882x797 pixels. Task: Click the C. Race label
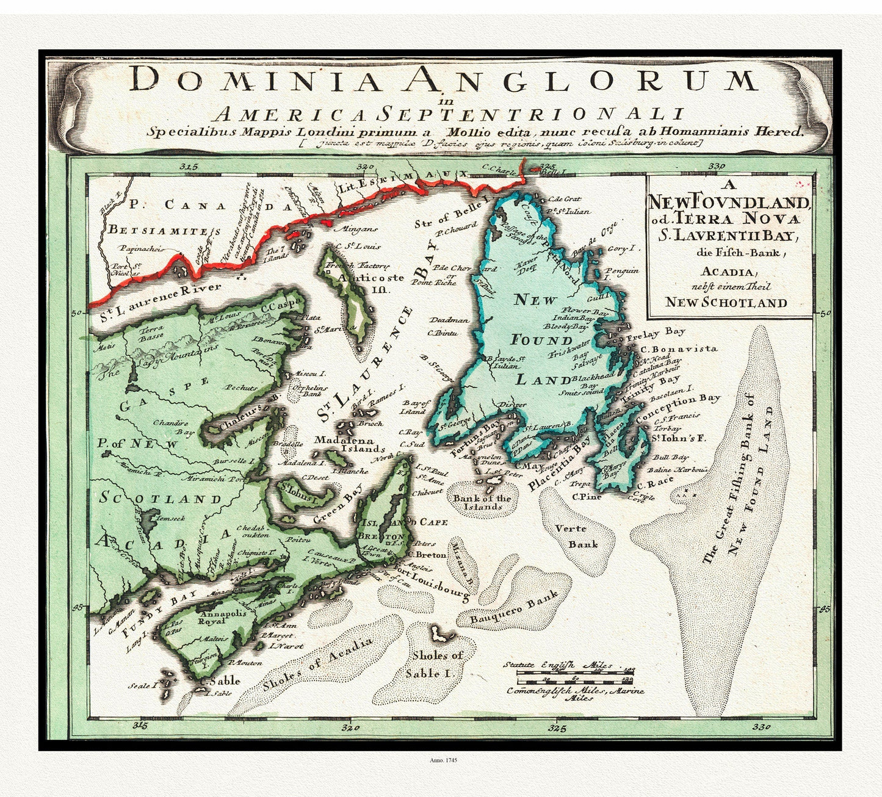tap(654, 480)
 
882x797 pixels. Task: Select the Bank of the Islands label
tap(482, 502)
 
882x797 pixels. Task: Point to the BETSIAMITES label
tap(164, 230)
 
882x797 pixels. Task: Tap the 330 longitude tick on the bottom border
tap(762, 726)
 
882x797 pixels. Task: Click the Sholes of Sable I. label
tap(437, 664)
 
